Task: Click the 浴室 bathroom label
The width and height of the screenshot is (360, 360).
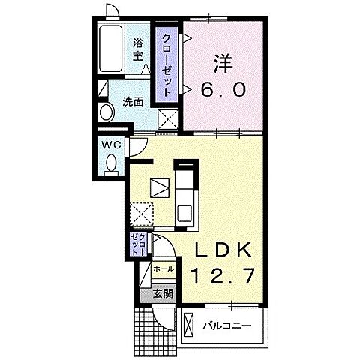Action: point(137,49)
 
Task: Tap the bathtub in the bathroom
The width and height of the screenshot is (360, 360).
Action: point(111,49)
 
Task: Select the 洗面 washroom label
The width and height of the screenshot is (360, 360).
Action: point(133,102)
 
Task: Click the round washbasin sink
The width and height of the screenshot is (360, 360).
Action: point(106,112)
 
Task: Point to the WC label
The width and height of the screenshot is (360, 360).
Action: point(111,145)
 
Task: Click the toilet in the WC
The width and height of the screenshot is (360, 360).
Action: point(111,164)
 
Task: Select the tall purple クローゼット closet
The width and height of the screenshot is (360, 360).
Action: point(166,64)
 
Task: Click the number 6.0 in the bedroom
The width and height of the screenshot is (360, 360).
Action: point(223,90)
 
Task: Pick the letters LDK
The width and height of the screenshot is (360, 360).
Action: point(223,250)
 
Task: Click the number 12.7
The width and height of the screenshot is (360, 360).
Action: point(223,275)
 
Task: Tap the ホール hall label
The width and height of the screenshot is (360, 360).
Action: point(163,269)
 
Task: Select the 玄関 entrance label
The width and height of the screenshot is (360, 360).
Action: point(163,293)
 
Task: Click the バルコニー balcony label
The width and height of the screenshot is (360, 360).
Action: point(226,325)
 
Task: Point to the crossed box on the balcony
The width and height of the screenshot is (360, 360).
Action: point(189,325)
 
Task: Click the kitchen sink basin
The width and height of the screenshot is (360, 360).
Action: point(184,213)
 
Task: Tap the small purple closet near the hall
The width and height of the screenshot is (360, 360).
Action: point(139,244)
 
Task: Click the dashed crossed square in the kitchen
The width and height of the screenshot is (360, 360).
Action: point(142,214)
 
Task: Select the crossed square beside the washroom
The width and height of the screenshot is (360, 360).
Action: point(167,118)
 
